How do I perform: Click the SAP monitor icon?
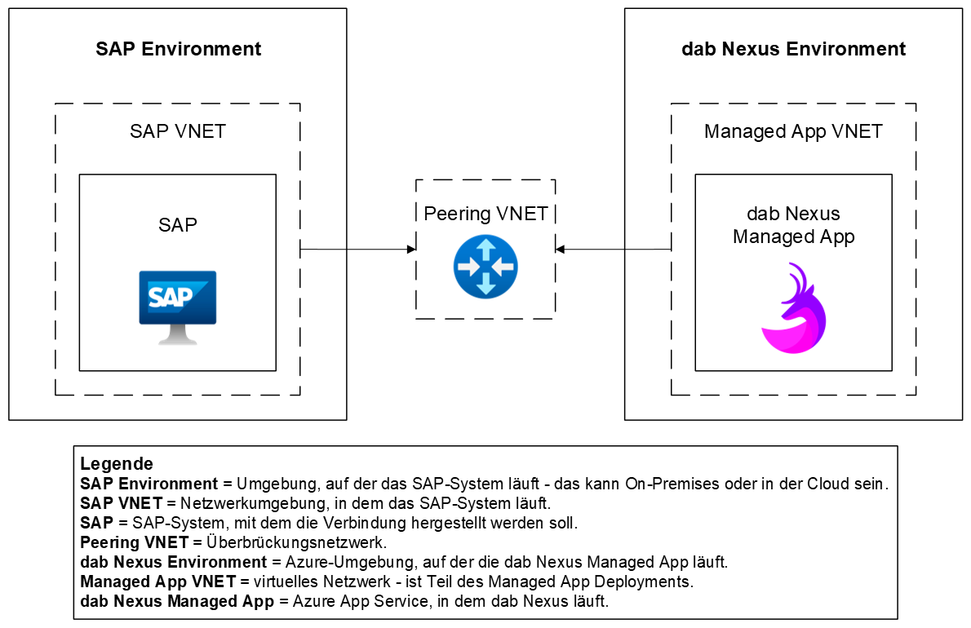click(x=178, y=306)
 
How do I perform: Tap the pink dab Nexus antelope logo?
click(x=793, y=309)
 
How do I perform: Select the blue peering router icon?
click(x=485, y=266)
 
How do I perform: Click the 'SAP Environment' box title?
click(x=178, y=49)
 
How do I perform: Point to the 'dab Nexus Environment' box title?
click(x=793, y=49)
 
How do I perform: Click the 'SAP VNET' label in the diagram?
click(x=178, y=131)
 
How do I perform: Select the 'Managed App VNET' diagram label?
click(x=793, y=131)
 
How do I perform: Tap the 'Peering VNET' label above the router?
click(x=485, y=214)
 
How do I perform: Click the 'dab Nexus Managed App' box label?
click(x=793, y=225)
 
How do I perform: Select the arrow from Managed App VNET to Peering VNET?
click(x=613, y=249)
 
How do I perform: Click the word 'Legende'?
click(x=117, y=465)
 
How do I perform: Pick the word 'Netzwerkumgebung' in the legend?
click(x=237, y=503)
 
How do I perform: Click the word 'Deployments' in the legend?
click(x=651, y=582)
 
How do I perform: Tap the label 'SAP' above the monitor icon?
click(x=178, y=224)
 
